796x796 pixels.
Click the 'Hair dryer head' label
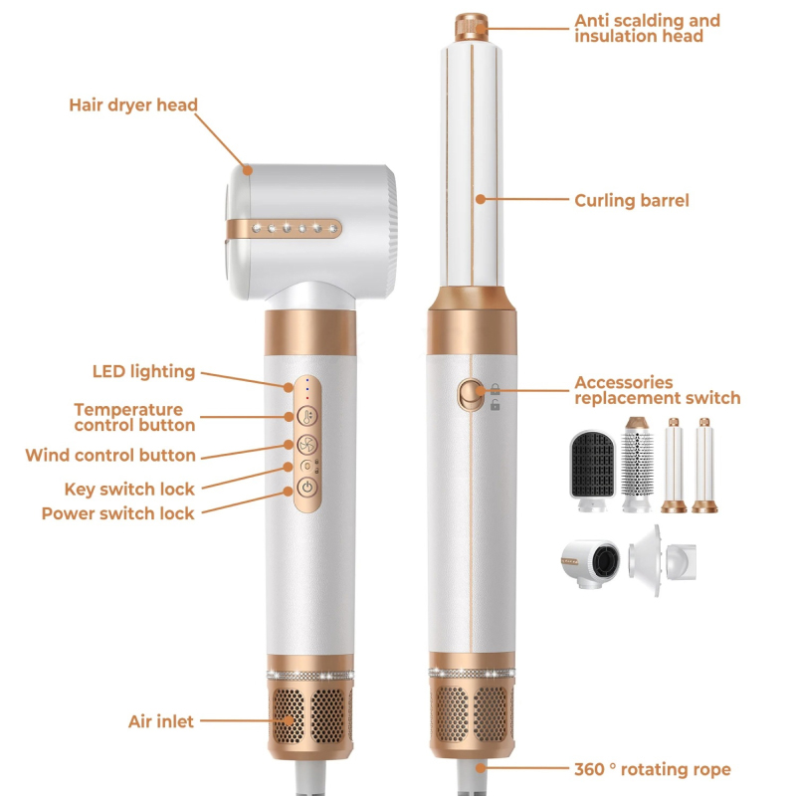(x=133, y=105)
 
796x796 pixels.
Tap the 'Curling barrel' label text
(x=632, y=201)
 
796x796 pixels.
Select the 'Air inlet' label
(x=161, y=721)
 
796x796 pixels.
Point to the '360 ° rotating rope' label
(x=653, y=769)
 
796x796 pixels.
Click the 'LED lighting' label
(x=143, y=371)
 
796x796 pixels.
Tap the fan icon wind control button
(x=307, y=445)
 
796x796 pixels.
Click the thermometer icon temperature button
(x=307, y=416)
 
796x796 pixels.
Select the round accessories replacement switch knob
(x=471, y=394)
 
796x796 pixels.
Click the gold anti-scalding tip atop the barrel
(x=471, y=28)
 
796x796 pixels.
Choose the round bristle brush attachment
(x=637, y=463)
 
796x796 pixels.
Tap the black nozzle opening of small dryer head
(x=604, y=562)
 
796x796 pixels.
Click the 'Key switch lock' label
(x=129, y=490)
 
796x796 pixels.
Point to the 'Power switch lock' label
(x=117, y=513)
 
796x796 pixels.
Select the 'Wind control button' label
(x=110, y=456)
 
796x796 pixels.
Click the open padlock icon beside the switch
(x=495, y=405)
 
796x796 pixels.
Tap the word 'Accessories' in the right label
(x=624, y=382)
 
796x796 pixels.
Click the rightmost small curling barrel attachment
(x=704, y=465)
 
